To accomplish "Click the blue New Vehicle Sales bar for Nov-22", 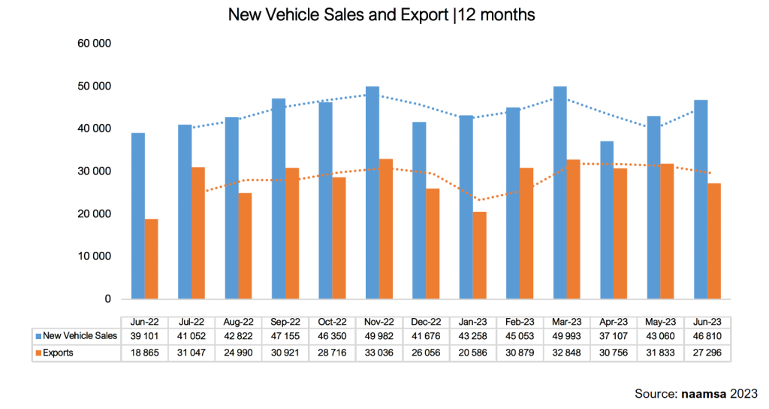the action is [x=372, y=192].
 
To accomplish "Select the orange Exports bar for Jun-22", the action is [x=152, y=259].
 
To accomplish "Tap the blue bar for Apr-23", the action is [x=607, y=220].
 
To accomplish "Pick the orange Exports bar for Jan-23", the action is [x=480, y=256].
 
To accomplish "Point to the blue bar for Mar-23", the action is [x=560, y=192].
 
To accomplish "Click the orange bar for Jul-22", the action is [x=198, y=233].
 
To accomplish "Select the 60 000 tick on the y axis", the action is [x=94, y=43].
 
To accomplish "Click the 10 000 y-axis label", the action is [x=94, y=256].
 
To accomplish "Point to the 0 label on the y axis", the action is [x=107, y=299].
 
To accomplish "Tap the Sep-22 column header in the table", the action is [x=285, y=322].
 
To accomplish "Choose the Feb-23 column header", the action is [x=520, y=322].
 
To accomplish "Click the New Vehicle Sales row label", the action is [x=80, y=336].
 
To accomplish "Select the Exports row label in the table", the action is [x=58, y=353].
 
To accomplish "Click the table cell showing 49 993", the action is [x=566, y=336].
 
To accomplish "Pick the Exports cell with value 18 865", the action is [x=144, y=353].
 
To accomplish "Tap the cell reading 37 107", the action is [x=614, y=336].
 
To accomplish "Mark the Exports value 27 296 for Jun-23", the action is [x=707, y=353].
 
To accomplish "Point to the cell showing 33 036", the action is [x=378, y=353].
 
